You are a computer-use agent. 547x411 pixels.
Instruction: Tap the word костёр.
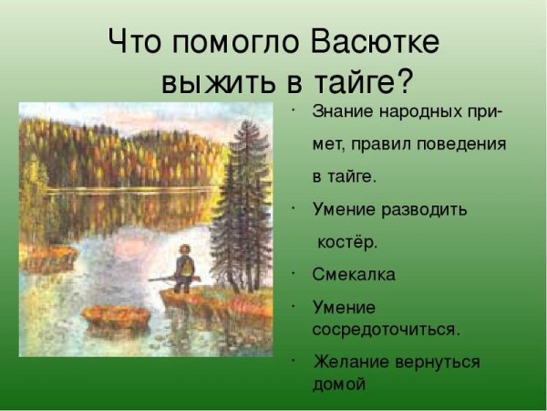point(346,242)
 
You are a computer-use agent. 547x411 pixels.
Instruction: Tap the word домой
point(338,385)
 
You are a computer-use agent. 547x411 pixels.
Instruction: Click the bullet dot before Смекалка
point(295,271)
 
